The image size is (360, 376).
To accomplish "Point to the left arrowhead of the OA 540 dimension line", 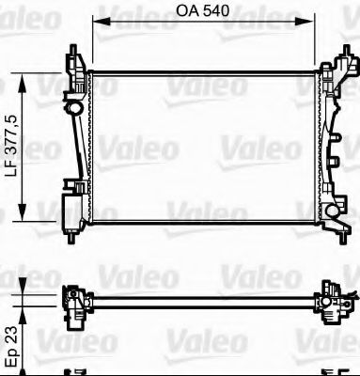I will pyautogui.click(x=97, y=28).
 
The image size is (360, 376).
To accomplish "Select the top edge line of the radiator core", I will pyautogui.click(x=202, y=70).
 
